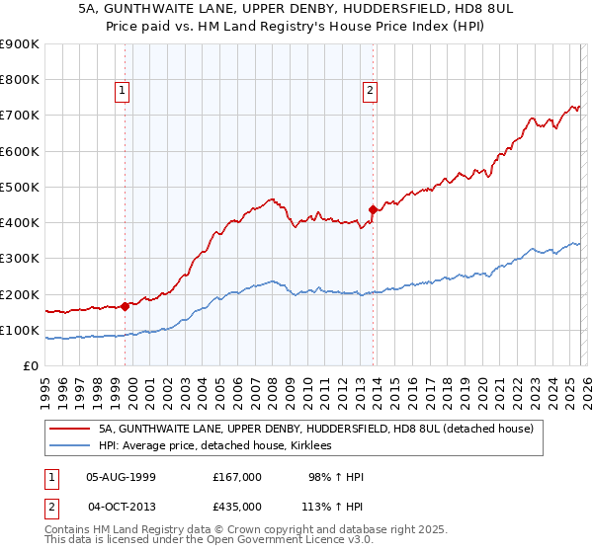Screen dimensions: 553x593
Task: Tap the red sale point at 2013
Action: pos(373,209)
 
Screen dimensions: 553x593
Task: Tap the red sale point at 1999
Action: pos(126,306)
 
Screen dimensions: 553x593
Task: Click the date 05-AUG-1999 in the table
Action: pos(122,477)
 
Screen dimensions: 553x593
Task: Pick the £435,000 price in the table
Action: pos(236,507)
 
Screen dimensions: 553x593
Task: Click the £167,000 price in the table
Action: pos(236,477)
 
